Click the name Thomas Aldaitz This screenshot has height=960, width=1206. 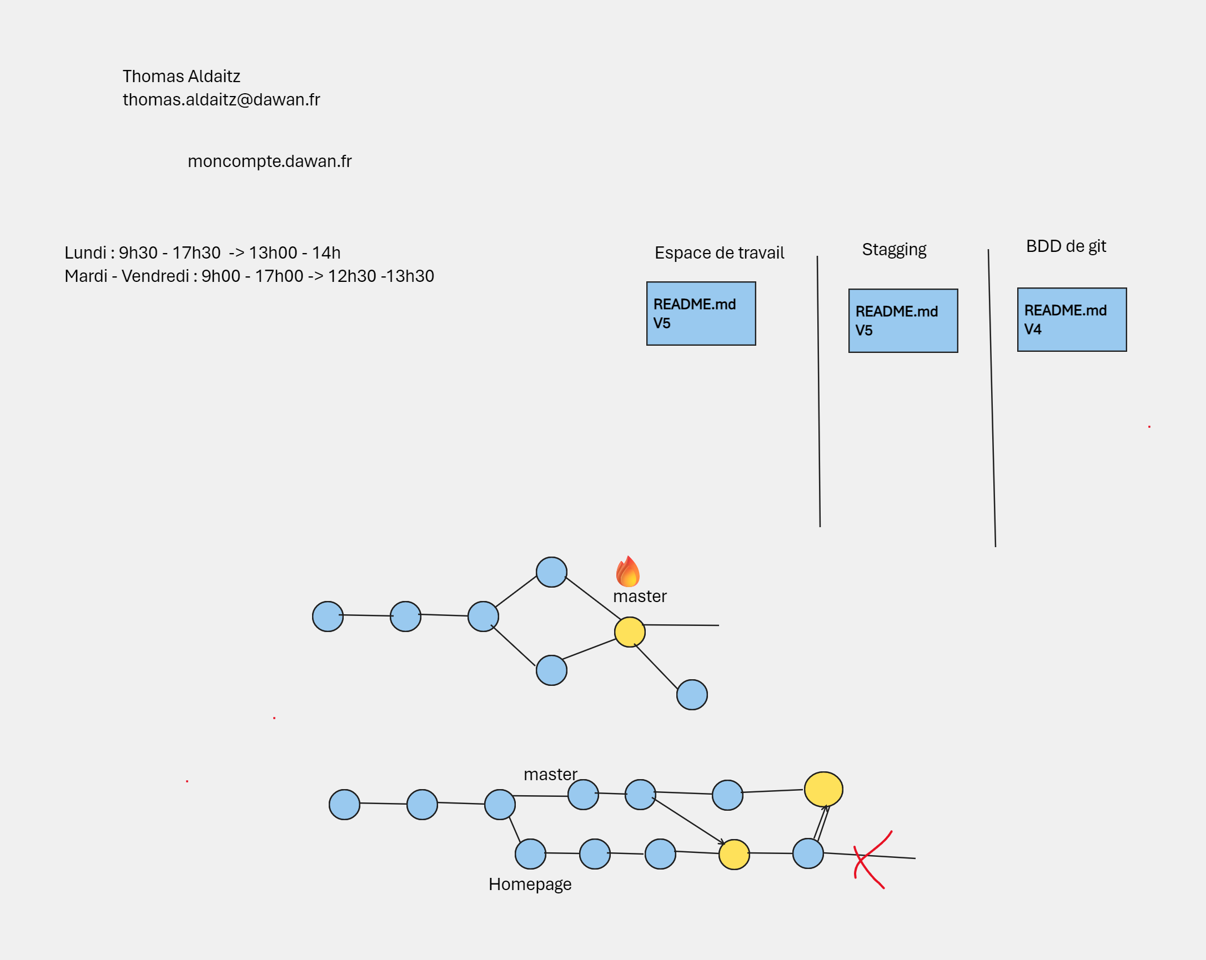[181, 76]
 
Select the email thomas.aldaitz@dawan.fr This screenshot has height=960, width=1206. [222, 99]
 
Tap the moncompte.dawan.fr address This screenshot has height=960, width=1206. [270, 161]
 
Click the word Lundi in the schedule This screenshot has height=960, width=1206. [85, 252]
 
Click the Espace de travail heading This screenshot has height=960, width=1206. [720, 252]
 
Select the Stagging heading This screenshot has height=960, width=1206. [894, 249]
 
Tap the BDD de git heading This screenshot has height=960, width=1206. [1066, 246]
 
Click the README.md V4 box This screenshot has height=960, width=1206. [1072, 320]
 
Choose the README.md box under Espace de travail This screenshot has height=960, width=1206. [701, 314]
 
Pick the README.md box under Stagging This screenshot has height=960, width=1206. [903, 321]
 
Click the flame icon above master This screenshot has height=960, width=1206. [627, 572]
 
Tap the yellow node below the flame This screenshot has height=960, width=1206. [630, 633]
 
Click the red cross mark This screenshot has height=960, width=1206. [872, 860]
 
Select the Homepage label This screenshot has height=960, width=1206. [530, 885]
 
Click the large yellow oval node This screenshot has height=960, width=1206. [823, 790]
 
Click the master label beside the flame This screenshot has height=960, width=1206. [640, 597]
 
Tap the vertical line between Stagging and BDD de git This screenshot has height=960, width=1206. [992, 398]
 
